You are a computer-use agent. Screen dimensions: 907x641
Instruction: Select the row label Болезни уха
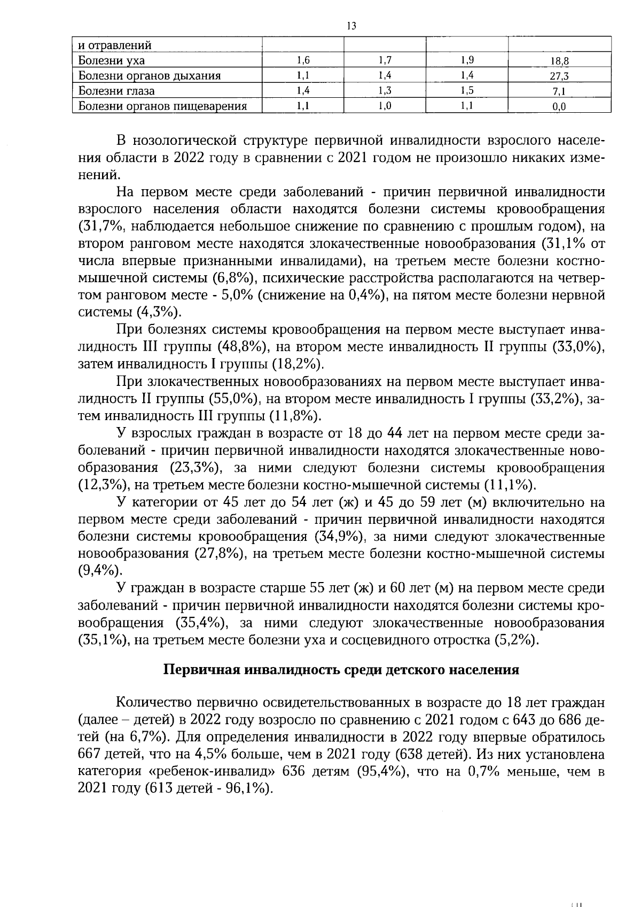tap(111, 60)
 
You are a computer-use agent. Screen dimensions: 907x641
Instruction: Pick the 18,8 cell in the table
tap(559, 61)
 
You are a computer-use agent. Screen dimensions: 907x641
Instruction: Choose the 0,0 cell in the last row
tap(559, 107)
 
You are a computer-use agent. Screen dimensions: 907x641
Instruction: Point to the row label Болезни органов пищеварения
tap(162, 106)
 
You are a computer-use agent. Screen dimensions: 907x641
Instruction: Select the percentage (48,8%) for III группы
tap(245, 347)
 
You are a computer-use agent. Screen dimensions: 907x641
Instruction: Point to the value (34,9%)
tap(338, 537)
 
